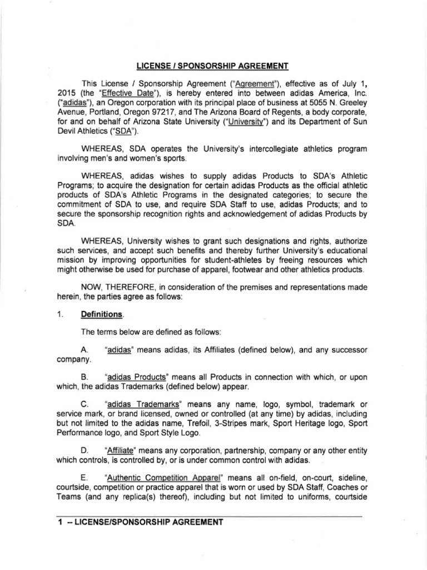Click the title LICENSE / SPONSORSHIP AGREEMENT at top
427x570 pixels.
tap(213, 66)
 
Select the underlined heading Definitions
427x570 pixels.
tap(101, 315)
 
